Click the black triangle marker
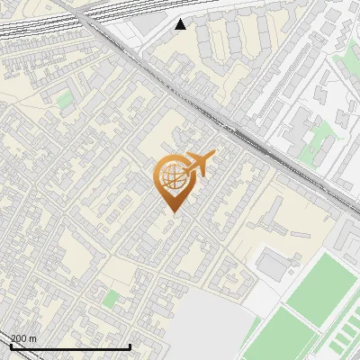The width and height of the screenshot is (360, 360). click(181, 24)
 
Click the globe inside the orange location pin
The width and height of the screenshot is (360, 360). click(172, 176)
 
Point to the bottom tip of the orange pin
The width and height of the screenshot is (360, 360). click(172, 212)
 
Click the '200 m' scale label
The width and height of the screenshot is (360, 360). click(23, 338)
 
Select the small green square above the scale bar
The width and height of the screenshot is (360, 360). click(111, 298)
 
